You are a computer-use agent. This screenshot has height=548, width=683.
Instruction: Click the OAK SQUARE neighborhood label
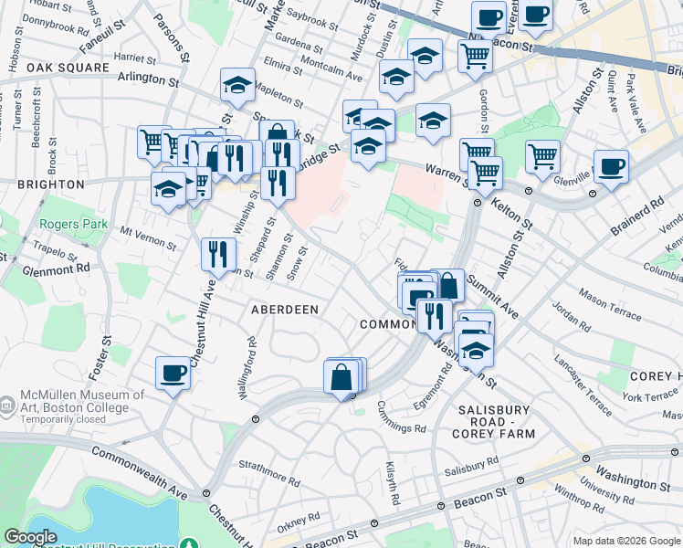[61, 68]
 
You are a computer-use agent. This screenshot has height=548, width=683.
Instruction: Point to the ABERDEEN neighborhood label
[285, 311]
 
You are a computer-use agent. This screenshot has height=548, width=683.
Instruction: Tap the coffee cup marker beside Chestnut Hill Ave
[173, 374]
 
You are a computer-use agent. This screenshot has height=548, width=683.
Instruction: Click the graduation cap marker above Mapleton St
[237, 85]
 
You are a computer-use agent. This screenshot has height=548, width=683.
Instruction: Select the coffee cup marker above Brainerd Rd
[611, 166]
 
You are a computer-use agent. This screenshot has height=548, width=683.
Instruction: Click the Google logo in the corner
[30, 538]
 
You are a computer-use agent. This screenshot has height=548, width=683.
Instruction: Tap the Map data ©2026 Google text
[625, 541]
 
